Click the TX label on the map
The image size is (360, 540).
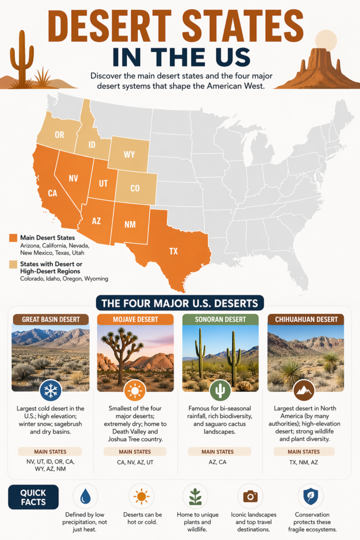click(173, 251)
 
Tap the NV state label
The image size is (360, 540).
click(73, 178)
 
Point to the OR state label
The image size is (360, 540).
click(59, 135)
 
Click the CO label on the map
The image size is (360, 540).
click(135, 189)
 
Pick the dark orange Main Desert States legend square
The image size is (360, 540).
click(13, 238)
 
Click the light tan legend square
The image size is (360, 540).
click(13, 264)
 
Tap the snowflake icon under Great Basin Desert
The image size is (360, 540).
click(51, 391)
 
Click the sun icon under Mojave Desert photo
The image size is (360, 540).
click(135, 391)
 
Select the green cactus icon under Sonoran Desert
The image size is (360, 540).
click(221, 391)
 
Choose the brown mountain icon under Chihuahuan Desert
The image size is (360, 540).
click(304, 391)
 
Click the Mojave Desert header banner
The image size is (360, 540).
click(135, 320)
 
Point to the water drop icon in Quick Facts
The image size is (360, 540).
click(85, 496)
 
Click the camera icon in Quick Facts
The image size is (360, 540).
click(250, 496)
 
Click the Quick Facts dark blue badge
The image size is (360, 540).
click(33, 497)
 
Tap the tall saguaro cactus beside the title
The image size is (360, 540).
click(22, 58)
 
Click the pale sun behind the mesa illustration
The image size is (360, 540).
click(325, 40)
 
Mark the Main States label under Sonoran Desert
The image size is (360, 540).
click(220, 452)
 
